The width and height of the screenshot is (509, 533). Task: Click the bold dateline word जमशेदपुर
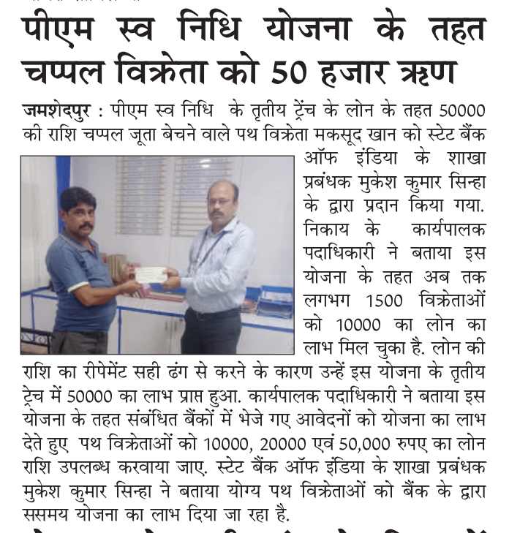coord(57,112)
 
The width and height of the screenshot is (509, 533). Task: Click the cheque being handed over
coord(151,274)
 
